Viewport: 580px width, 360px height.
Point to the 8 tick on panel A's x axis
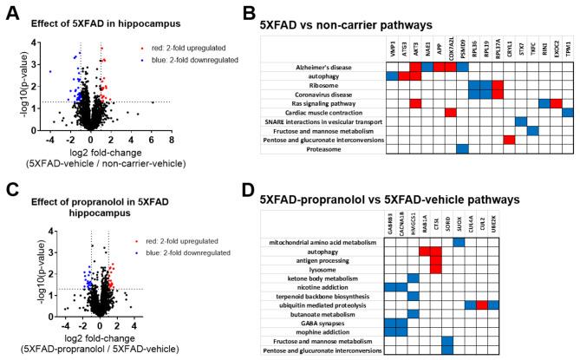click(x=171, y=139)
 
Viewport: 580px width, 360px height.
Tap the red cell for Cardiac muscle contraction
click(x=451, y=113)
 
